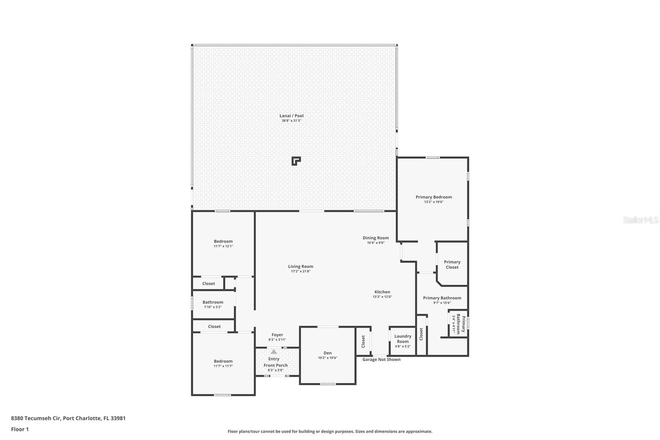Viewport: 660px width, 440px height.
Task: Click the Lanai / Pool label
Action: pos(291,116)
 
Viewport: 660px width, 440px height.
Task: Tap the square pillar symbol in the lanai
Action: pos(296,161)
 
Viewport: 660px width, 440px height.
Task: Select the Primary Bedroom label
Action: pos(434,197)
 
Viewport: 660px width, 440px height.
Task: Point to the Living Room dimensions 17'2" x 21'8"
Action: pos(300,272)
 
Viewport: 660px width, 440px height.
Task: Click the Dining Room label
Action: pos(375,238)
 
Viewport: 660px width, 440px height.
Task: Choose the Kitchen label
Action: pos(382,292)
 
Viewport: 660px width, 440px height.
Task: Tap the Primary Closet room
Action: pos(452,265)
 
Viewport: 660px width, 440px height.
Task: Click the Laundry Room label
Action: pos(403,339)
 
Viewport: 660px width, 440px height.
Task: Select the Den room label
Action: pos(328,353)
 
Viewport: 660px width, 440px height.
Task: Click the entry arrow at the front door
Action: pos(274,352)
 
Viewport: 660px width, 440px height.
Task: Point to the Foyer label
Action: pos(277,335)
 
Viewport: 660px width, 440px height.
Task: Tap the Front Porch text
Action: pos(276,365)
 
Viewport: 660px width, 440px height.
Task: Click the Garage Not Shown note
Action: pos(381,360)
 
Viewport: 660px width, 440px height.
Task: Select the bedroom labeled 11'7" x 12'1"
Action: pos(223,244)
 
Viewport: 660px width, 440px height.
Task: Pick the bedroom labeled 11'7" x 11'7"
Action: pos(223,363)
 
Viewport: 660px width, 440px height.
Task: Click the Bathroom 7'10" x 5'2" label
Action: pos(213,304)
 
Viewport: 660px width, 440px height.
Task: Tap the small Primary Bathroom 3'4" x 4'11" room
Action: pos(458,324)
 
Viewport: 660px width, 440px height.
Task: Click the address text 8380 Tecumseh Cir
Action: pos(36,418)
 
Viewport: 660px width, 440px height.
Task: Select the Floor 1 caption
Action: pos(20,429)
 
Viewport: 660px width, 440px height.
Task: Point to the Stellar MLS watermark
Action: pos(640,220)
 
